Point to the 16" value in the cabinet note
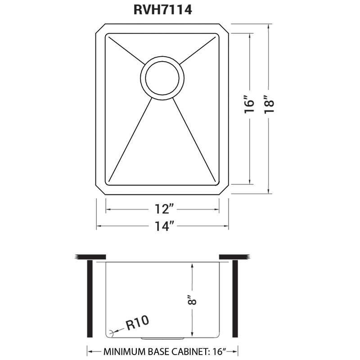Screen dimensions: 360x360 click(216, 351)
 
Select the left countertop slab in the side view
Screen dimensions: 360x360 click(90, 257)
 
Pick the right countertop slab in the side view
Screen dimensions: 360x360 click(234, 257)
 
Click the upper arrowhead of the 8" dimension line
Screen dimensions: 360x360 click(193, 266)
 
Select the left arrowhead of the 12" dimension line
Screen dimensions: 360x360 click(108, 209)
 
